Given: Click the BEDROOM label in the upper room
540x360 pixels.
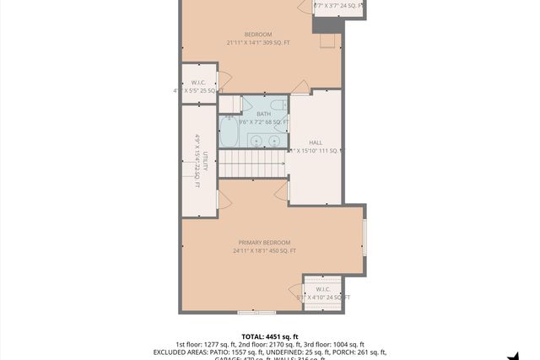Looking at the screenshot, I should tap(258, 35).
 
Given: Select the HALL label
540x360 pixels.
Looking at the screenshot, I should tap(316, 143).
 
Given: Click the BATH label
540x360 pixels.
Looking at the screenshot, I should tap(264, 114).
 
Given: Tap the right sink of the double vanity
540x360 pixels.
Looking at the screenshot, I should tap(274, 140).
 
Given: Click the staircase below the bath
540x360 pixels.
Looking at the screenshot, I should tap(252, 164).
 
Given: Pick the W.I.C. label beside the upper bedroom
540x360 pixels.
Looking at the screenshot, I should tap(198, 83).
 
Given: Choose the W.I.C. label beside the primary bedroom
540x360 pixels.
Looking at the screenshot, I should tap(323, 289).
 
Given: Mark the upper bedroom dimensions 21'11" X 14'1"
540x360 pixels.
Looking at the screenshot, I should tap(258, 43).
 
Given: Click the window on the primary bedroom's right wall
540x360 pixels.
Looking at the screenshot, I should tap(364, 239).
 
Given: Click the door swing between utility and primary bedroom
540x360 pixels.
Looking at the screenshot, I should tap(224, 200).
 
